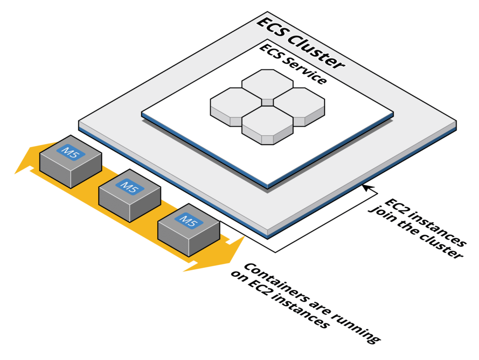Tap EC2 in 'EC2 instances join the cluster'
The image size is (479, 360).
(395, 206)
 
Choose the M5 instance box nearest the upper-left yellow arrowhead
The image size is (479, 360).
(70, 162)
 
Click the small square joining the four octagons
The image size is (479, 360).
(267, 102)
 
